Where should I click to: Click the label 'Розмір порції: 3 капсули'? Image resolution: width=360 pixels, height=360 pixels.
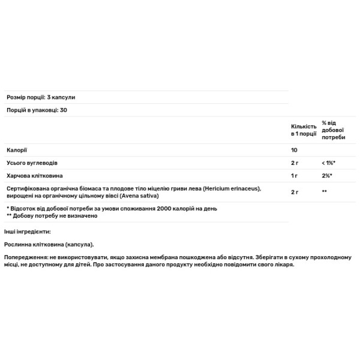click(x=41, y=97)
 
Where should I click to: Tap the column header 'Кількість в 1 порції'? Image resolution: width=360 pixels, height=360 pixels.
click(x=303, y=131)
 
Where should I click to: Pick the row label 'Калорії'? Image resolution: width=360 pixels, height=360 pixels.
click(x=17, y=149)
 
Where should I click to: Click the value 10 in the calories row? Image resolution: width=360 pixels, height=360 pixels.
click(x=294, y=149)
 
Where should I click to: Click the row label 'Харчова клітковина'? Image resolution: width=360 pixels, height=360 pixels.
click(x=34, y=176)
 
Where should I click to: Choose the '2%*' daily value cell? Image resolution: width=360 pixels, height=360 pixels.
click(x=327, y=176)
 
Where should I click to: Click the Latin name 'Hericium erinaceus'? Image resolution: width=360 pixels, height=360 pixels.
click(x=230, y=189)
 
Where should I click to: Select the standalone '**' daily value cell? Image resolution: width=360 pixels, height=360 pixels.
click(x=324, y=193)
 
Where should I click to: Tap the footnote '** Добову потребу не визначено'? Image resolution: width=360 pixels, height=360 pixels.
click(x=52, y=215)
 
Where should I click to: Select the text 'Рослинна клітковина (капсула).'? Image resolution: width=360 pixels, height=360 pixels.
click(x=50, y=245)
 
